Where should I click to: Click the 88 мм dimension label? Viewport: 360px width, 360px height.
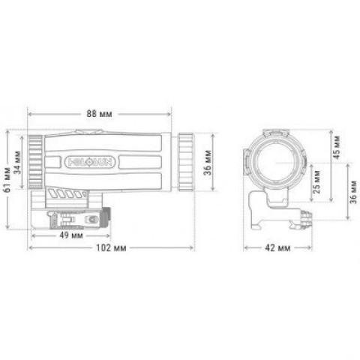point(99,114)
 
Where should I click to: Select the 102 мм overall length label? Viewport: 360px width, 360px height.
point(111,247)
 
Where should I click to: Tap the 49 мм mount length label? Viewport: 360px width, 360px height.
point(71,235)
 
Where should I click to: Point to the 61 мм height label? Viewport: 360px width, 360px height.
point(7,180)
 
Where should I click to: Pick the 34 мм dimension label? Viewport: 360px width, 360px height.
point(17,163)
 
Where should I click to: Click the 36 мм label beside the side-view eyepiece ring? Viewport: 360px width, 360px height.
point(208,163)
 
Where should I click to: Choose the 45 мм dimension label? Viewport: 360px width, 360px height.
point(337,147)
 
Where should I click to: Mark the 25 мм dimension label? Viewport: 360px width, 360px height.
point(316,181)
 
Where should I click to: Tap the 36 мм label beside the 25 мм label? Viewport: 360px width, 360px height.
point(353,192)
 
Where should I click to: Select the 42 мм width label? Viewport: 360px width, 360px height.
point(277,248)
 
